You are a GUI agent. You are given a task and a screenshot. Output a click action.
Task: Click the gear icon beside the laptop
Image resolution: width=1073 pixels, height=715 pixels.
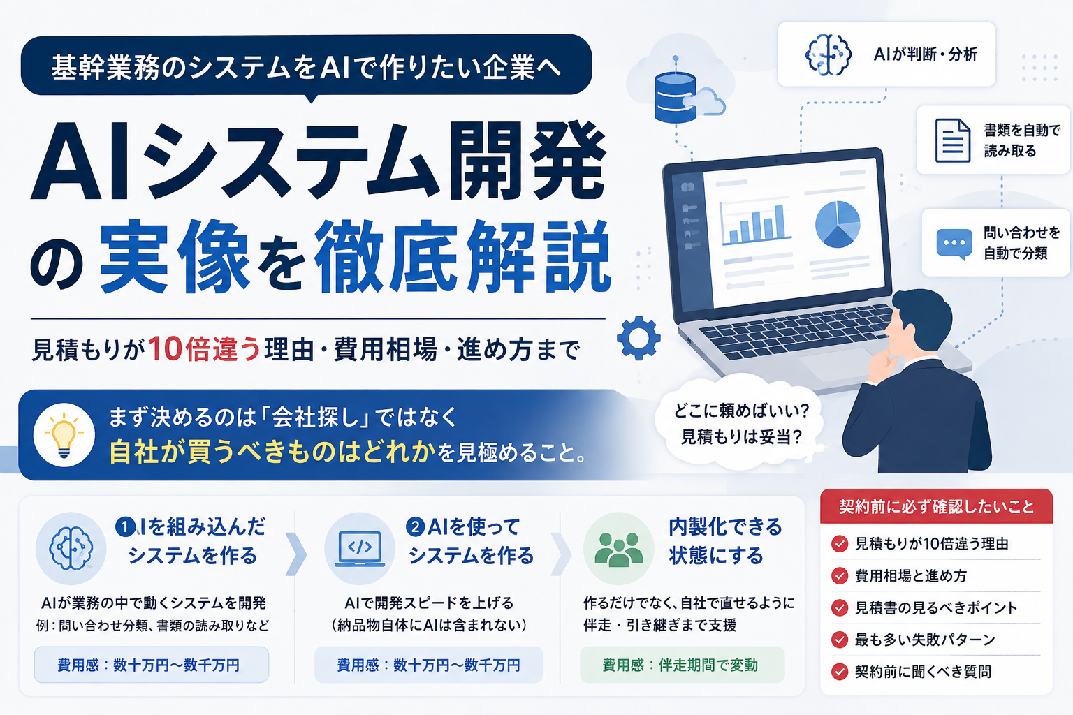coord(638,338)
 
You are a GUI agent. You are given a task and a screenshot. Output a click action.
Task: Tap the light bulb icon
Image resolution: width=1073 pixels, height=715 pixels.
coord(64,434)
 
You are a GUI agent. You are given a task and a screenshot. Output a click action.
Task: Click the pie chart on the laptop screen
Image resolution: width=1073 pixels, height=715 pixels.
coord(838,224)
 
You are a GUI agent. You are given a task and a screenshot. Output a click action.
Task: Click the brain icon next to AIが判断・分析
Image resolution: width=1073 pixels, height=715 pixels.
coord(829,54)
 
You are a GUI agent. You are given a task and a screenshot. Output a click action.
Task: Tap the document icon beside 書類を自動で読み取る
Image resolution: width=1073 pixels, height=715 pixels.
coord(953,140)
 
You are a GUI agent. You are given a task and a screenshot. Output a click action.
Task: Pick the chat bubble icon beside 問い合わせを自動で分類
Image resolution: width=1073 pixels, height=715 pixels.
coord(954,244)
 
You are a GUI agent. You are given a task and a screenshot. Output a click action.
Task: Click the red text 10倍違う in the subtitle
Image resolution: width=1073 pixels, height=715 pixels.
coord(205,348)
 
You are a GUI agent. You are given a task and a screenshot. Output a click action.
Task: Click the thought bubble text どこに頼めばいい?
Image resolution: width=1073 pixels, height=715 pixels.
coord(741,411)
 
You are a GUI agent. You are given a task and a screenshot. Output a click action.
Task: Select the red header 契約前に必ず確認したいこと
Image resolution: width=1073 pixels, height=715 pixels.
coord(936,507)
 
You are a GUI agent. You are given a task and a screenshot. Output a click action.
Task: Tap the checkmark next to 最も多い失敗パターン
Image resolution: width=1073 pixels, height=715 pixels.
coord(840,640)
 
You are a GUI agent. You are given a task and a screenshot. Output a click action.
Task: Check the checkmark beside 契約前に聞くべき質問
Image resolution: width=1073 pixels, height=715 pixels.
coord(840,672)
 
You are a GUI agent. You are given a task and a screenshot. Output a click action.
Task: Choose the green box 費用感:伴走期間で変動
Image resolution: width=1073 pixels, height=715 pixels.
coord(682,665)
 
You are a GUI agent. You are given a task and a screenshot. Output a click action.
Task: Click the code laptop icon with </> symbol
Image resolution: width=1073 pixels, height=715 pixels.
coord(359,549)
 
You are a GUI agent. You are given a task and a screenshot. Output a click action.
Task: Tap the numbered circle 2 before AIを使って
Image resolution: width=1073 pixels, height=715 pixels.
coord(415,527)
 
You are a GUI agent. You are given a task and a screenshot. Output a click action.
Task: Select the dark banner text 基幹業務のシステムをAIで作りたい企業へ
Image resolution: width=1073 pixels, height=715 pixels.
coord(307,66)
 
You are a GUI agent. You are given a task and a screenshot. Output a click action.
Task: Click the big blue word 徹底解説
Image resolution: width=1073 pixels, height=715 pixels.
coord(462,256)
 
